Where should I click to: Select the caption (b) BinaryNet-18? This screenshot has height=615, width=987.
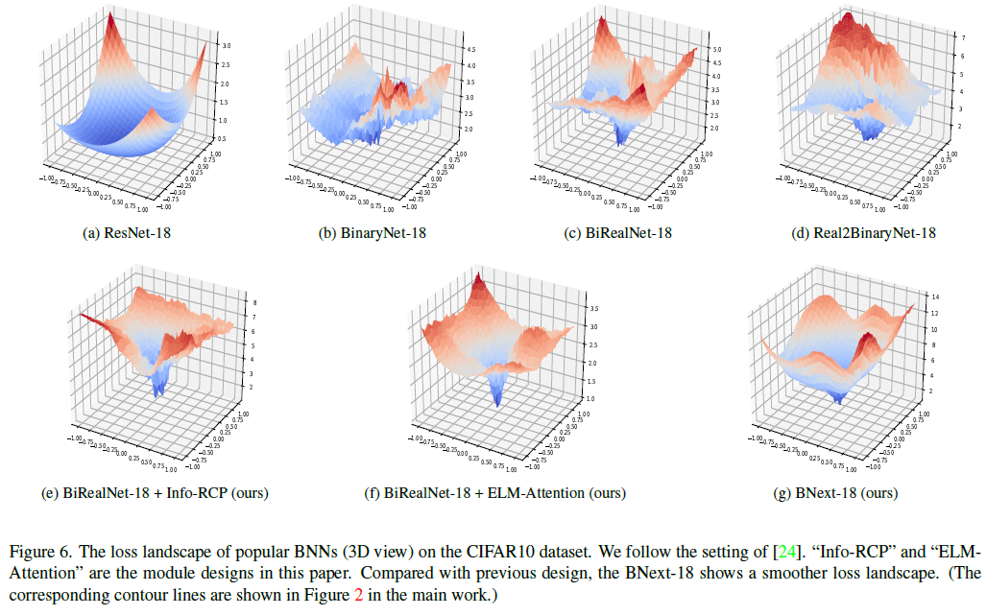[x=369, y=231]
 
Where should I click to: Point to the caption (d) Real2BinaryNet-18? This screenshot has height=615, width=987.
[x=855, y=231]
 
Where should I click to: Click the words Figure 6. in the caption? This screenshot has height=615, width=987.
[x=39, y=552]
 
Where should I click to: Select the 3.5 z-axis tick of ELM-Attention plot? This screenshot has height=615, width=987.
[x=594, y=309]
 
